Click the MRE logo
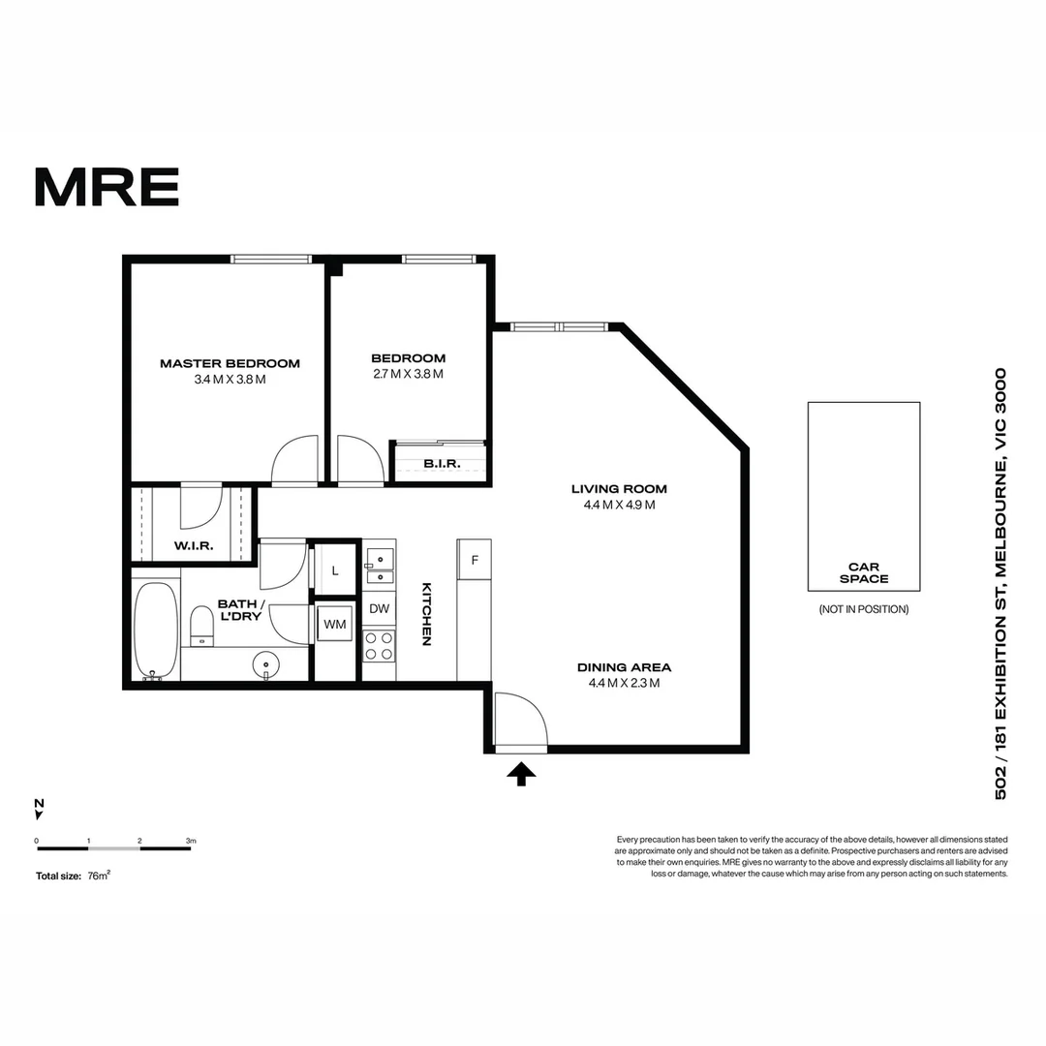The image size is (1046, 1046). tap(107, 187)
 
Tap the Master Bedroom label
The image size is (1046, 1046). tap(230, 364)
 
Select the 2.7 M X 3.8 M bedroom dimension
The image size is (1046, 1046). tap(408, 374)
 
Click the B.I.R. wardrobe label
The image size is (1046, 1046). tap(441, 464)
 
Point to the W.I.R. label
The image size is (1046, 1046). tap(194, 546)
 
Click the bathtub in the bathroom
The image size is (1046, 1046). tap(155, 630)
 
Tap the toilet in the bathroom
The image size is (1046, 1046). tap(201, 624)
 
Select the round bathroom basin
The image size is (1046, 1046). tap(265, 665)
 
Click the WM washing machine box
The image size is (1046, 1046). tap(335, 625)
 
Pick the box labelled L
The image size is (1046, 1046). tap(335, 570)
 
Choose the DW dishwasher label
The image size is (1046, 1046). tap(379, 609)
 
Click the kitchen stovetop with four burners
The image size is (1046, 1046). tap(378, 645)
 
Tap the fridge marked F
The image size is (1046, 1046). tap(475, 560)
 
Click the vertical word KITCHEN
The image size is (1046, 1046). tap(426, 614)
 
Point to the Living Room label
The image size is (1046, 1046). tap(619, 489)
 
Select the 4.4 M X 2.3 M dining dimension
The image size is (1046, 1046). tap(624, 683)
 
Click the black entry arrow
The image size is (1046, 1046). tap(521, 774)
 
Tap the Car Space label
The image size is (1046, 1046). tap(864, 573)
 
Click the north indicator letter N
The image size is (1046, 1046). tap(39, 803)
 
